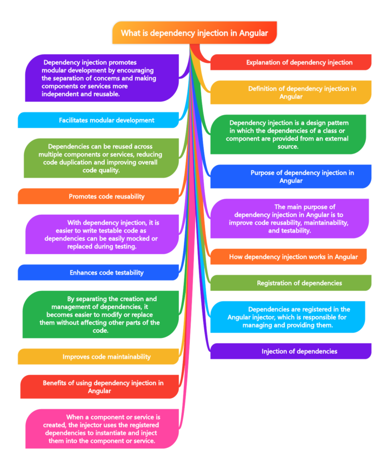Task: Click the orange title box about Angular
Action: [194, 33]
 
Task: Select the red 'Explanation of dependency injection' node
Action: [291, 62]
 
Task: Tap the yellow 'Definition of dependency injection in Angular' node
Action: [291, 92]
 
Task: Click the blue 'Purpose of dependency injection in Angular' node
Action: [291, 176]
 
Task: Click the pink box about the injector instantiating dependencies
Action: [101, 429]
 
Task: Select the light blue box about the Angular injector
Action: [288, 317]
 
